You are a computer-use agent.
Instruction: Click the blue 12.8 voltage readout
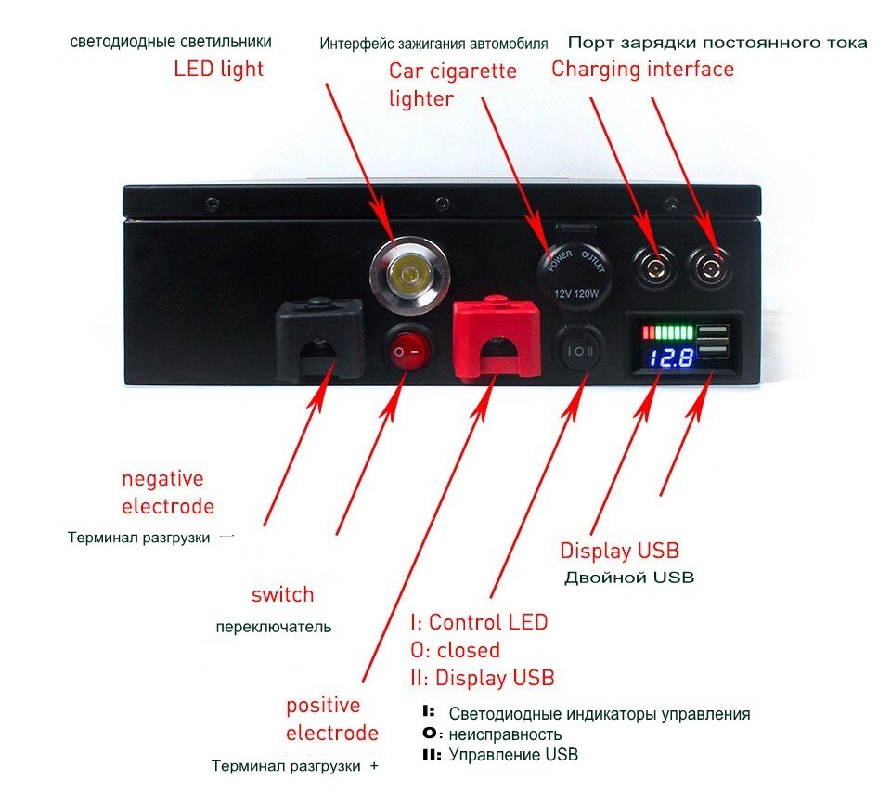[670, 357]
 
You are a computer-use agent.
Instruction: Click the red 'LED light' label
[219, 69]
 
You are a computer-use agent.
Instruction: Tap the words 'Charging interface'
[642, 69]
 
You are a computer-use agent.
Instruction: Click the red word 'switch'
[283, 594]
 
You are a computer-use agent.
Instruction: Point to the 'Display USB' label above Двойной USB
[619, 550]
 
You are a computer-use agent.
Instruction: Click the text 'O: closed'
[455, 649]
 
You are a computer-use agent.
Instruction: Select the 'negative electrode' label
[166, 492]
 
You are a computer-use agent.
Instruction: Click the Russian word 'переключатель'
[273, 626]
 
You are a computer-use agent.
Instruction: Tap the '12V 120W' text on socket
[575, 293]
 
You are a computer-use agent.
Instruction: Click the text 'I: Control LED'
[479, 621]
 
